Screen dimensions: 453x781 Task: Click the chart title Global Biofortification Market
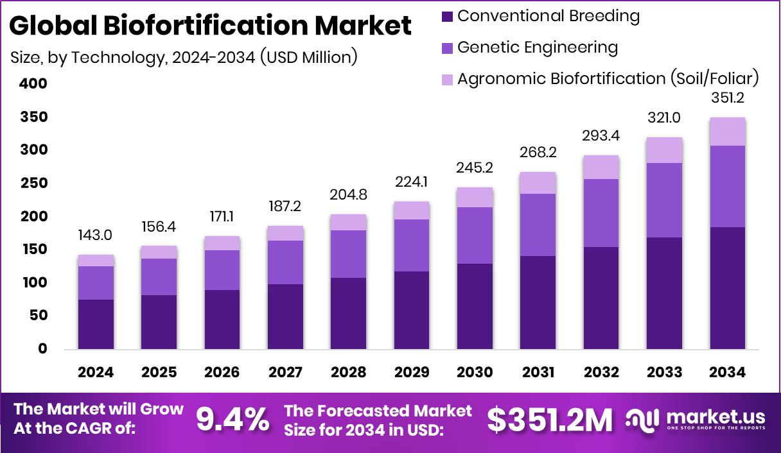(210, 26)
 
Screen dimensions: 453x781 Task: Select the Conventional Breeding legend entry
(548, 16)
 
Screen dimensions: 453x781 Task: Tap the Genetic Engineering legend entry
(537, 47)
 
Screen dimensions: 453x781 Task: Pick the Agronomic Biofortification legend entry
(608, 79)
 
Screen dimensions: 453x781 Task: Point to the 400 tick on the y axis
(33, 83)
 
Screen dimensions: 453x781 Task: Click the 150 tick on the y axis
(33, 250)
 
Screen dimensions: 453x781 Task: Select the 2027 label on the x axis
(285, 373)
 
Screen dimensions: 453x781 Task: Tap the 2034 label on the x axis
(728, 373)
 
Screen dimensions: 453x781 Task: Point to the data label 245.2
(475, 168)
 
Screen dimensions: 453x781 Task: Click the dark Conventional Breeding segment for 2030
(475, 306)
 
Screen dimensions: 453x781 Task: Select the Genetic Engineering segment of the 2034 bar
(728, 186)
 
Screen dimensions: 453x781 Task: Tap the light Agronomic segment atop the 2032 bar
(601, 167)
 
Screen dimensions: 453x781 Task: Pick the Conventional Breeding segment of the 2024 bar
(96, 324)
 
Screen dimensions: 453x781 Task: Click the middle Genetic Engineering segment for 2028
(348, 254)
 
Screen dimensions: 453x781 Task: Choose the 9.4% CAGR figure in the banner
(232, 420)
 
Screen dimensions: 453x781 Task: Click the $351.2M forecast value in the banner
(549, 420)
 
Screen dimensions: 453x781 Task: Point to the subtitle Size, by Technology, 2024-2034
(184, 57)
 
